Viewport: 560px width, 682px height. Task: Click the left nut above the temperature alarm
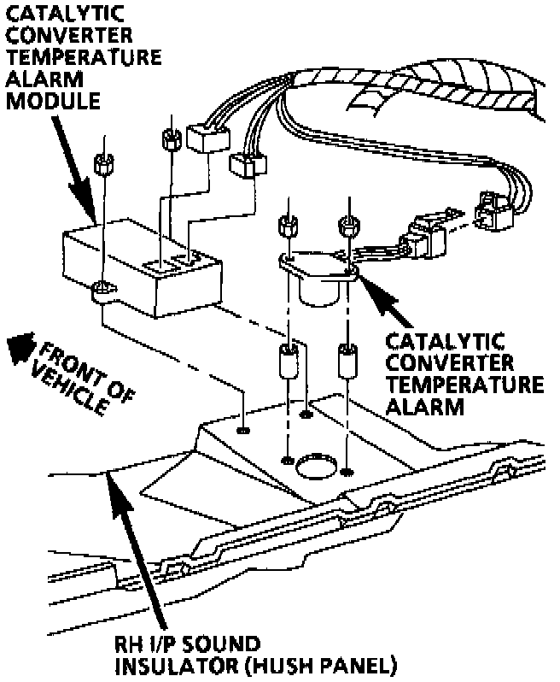(x=288, y=227)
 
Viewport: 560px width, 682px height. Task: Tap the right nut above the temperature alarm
(x=347, y=227)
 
